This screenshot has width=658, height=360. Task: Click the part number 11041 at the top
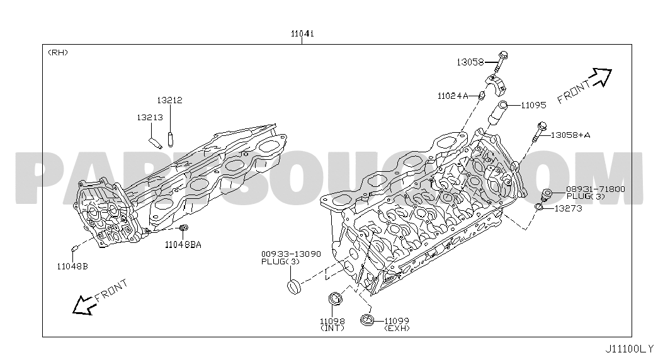pyautogui.click(x=303, y=33)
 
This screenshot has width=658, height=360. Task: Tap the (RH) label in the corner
pyautogui.click(x=58, y=52)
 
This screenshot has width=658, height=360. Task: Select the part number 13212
pyautogui.click(x=169, y=100)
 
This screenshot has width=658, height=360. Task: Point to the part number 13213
pyautogui.click(x=150, y=118)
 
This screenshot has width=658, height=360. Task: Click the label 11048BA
pyautogui.click(x=183, y=245)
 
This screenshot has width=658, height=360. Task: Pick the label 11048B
pyautogui.click(x=72, y=266)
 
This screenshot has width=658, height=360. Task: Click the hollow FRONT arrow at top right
pyautogui.click(x=601, y=78)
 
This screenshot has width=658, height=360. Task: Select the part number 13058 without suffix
pyautogui.click(x=470, y=62)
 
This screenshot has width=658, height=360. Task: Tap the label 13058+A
pyautogui.click(x=570, y=135)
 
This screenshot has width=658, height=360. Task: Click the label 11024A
pyautogui.click(x=453, y=96)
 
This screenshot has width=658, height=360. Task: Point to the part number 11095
pyautogui.click(x=533, y=105)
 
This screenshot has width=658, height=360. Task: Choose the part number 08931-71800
pyautogui.click(x=596, y=189)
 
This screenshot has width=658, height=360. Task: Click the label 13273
pyautogui.click(x=568, y=208)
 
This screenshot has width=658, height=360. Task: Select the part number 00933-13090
pyautogui.click(x=291, y=254)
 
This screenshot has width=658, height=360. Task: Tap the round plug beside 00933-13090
pyautogui.click(x=295, y=288)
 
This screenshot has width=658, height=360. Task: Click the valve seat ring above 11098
pyautogui.click(x=335, y=298)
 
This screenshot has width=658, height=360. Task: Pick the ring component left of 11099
pyautogui.click(x=366, y=319)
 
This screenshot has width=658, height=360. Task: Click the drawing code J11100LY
pyautogui.click(x=629, y=349)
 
